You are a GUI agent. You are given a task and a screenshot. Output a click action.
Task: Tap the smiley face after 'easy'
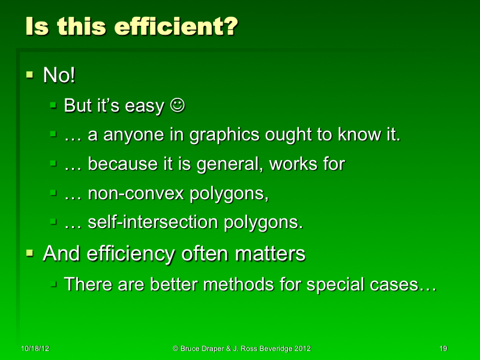(178, 106)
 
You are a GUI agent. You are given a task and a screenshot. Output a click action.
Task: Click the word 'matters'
(270, 253)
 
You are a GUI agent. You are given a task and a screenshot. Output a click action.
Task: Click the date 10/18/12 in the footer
(34, 349)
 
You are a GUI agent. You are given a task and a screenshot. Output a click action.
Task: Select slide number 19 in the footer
(444, 349)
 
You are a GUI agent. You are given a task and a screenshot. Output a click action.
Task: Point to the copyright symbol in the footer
(176, 349)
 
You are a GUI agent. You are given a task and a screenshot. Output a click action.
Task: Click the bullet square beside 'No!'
(29, 75)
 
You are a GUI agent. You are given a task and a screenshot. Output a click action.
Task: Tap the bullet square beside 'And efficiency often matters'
(29, 253)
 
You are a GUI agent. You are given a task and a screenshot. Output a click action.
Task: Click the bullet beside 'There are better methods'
(53, 283)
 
